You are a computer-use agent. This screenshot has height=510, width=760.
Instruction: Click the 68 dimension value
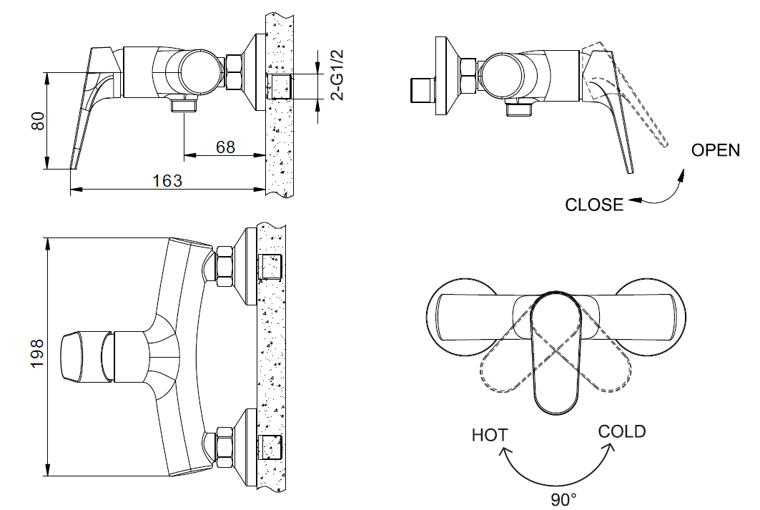(225, 147)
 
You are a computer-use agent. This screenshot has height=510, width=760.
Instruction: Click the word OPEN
(715, 150)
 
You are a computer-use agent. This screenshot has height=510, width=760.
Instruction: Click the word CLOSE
(594, 205)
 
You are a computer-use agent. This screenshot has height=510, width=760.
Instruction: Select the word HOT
(490, 434)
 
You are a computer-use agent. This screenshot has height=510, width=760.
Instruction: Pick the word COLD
(621, 431)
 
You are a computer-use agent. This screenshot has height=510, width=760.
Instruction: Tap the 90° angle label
(563, 499)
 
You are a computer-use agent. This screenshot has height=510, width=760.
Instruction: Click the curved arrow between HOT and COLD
(558, 472)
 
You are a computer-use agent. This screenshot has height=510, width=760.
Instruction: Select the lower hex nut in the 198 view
(223, 446)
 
